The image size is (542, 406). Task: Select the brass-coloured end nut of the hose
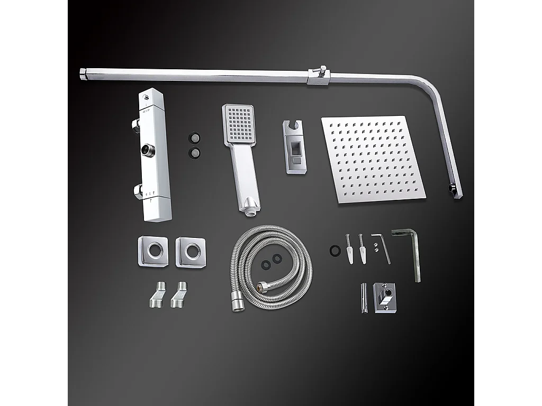261,287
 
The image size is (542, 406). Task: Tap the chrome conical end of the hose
236,306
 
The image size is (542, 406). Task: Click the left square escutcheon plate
153,251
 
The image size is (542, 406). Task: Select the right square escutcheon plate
191,252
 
